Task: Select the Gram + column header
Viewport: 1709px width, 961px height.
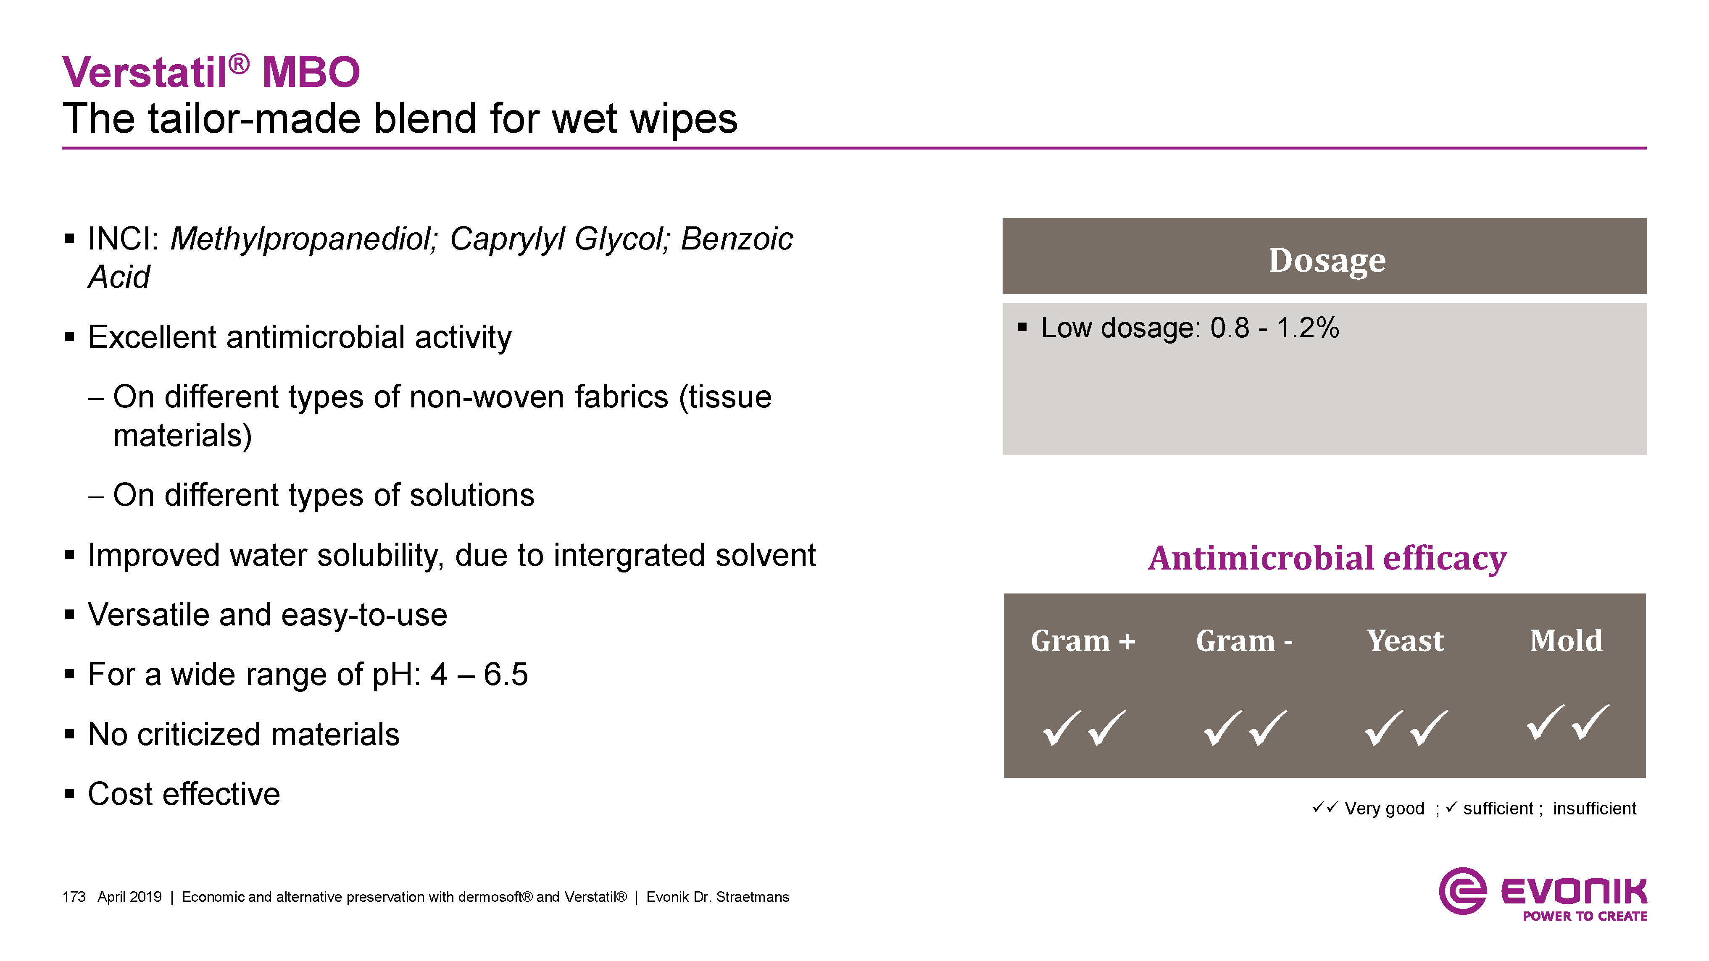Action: (1083, 641)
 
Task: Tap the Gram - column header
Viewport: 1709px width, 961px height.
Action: (1244, 641)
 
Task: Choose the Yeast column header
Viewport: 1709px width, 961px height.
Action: (1405, 641)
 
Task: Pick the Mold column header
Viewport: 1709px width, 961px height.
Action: (1566, 641)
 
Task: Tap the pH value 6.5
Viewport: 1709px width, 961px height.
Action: (506, 675)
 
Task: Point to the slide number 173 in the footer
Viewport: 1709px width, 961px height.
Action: (74, 897)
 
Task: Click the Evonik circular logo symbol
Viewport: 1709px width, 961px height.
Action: (1462, 891)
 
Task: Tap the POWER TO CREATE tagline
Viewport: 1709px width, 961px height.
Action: (1585, 916)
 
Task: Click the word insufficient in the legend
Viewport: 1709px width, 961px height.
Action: (1594, 809)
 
